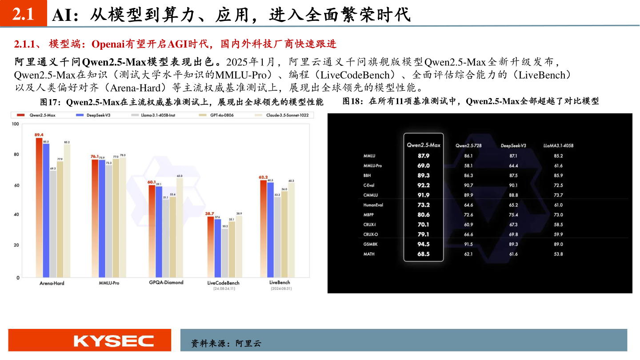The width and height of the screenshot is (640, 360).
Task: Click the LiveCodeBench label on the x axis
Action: [x=224, y=283]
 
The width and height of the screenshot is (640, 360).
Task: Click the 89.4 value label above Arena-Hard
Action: [x=39, y=134]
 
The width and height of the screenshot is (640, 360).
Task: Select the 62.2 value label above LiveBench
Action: [x=264, y=177]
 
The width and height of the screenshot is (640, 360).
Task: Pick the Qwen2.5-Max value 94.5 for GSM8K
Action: [x=424, y=244]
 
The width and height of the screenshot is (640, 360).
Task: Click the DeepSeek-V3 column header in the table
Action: [x=513, y=145]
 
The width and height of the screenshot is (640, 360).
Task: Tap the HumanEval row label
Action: [x=373, y=205]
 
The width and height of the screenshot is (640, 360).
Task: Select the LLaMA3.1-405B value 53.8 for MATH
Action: [x=559, y=254]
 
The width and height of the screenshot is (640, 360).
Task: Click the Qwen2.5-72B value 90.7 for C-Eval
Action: [x=468, y=185]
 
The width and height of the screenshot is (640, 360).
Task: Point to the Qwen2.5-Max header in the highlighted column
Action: [x=424, y=145]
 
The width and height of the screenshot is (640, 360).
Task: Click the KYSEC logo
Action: [x=114, y=341]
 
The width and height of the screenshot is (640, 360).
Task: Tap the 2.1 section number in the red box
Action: [x=24, y=15]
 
